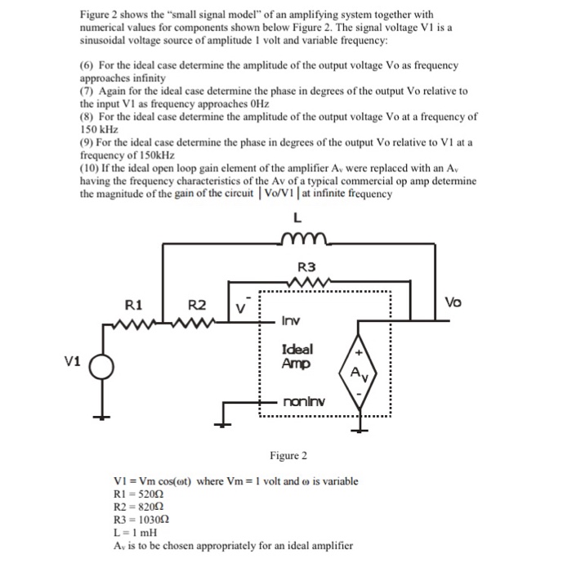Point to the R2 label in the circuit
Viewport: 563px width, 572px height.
(x=198, y=306)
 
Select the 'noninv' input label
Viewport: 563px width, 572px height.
(x=303, y=401)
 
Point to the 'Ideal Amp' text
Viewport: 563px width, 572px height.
(x=297, y=355)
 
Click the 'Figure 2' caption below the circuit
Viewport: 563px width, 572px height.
(x=290, y=455)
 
